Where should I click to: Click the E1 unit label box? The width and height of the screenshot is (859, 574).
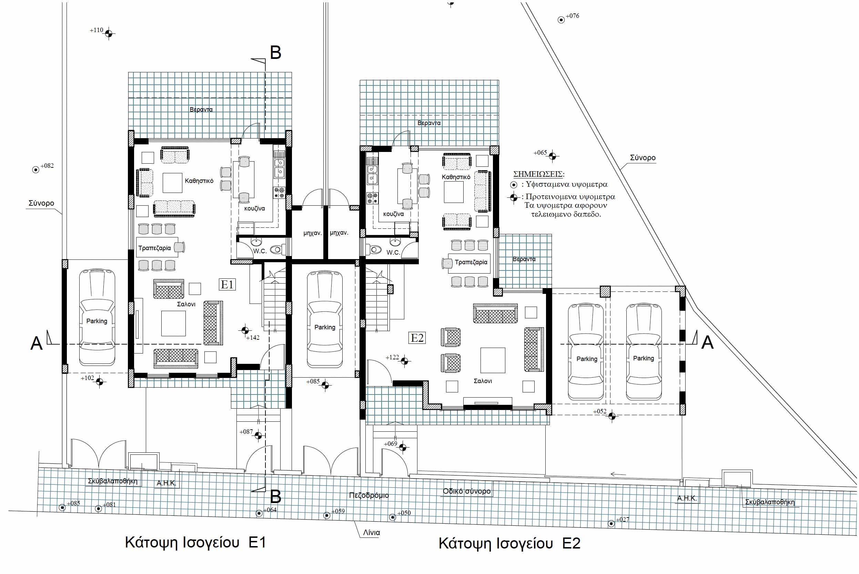pos(228,285)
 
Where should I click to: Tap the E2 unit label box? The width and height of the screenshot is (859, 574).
pos(417,338)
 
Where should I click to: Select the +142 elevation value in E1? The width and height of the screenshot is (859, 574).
pos(253,338)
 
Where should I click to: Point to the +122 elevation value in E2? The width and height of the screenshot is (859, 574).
pos(392,357)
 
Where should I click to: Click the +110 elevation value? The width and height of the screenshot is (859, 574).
pos(97,30)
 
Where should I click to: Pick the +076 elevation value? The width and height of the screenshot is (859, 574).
pos(573,16)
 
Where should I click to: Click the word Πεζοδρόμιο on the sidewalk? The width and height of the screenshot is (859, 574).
pos(369,495)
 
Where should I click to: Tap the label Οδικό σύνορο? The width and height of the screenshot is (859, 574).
pos(466,491)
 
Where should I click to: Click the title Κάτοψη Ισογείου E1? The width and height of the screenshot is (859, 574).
pos(195,542)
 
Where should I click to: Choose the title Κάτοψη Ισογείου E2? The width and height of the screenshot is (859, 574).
pos(509,543)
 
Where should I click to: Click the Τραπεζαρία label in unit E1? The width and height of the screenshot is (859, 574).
pos(154,248)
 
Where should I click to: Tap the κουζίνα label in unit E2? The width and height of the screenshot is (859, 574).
pos(393,214)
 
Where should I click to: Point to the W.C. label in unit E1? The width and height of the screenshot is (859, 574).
pos(260,251)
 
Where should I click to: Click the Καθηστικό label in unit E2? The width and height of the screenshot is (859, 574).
pos(456,177)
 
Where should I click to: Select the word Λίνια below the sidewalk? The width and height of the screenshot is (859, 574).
pos(371,533)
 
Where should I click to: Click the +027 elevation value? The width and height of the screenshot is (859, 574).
pos(623,520)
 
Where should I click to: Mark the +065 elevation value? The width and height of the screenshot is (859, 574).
pos(540,153)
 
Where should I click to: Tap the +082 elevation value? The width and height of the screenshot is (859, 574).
pos(47,165)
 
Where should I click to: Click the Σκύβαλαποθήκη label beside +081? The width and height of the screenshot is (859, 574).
pos(113,481)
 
